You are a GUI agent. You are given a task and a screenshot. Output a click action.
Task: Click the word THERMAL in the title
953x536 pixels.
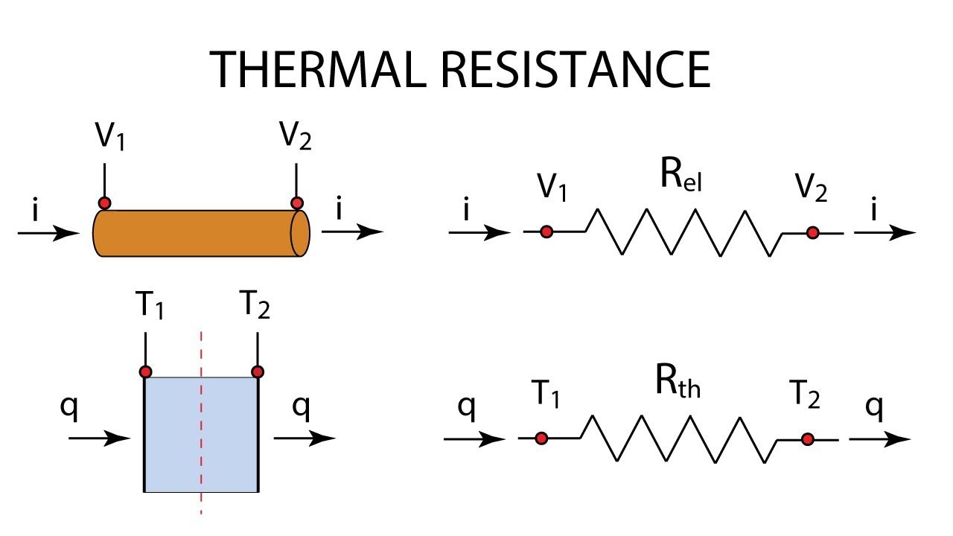(x=318, y=69)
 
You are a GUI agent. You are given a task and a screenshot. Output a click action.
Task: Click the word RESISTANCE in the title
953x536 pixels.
(x=576, y=69)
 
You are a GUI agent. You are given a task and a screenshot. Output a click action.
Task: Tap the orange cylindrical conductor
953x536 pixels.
(x=202, y=233)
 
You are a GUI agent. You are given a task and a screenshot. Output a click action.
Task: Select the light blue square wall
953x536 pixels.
(x=201, y=434)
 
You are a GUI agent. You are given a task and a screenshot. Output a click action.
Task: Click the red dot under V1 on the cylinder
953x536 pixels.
(x=104, y=203)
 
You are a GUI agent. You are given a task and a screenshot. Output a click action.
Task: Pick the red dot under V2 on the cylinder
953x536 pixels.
(x=296, y=203)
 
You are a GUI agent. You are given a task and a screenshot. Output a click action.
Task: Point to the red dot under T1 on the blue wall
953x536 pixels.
(x=145, y=371)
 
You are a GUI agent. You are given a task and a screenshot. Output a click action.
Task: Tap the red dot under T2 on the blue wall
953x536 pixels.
(x=258, y=371)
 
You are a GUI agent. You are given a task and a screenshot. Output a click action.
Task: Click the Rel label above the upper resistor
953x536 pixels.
(x=681, y=174)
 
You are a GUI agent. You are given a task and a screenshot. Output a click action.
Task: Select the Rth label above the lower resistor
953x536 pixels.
(x=678, y=381)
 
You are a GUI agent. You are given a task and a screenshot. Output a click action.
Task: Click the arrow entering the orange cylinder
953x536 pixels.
(x=48, y=233)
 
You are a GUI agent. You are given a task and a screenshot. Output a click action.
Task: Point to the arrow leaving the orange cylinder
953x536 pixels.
(x=353, y=232)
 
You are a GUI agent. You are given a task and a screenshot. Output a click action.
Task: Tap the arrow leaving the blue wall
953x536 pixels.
(x=305, y=438)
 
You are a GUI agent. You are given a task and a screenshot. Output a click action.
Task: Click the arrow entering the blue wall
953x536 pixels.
(x=100, y=438)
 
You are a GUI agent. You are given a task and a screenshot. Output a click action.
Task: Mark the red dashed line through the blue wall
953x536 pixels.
(x=201, y=423)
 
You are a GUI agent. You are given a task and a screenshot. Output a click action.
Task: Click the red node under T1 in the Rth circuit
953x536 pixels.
(x=541, y=438)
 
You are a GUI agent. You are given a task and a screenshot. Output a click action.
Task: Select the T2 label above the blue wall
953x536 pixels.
(x=255, y=304)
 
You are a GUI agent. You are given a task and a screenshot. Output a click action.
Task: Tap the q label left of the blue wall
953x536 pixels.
(x=69, y=407)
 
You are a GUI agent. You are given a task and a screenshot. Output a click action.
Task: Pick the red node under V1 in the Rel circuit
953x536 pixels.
(x=546, y=232)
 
